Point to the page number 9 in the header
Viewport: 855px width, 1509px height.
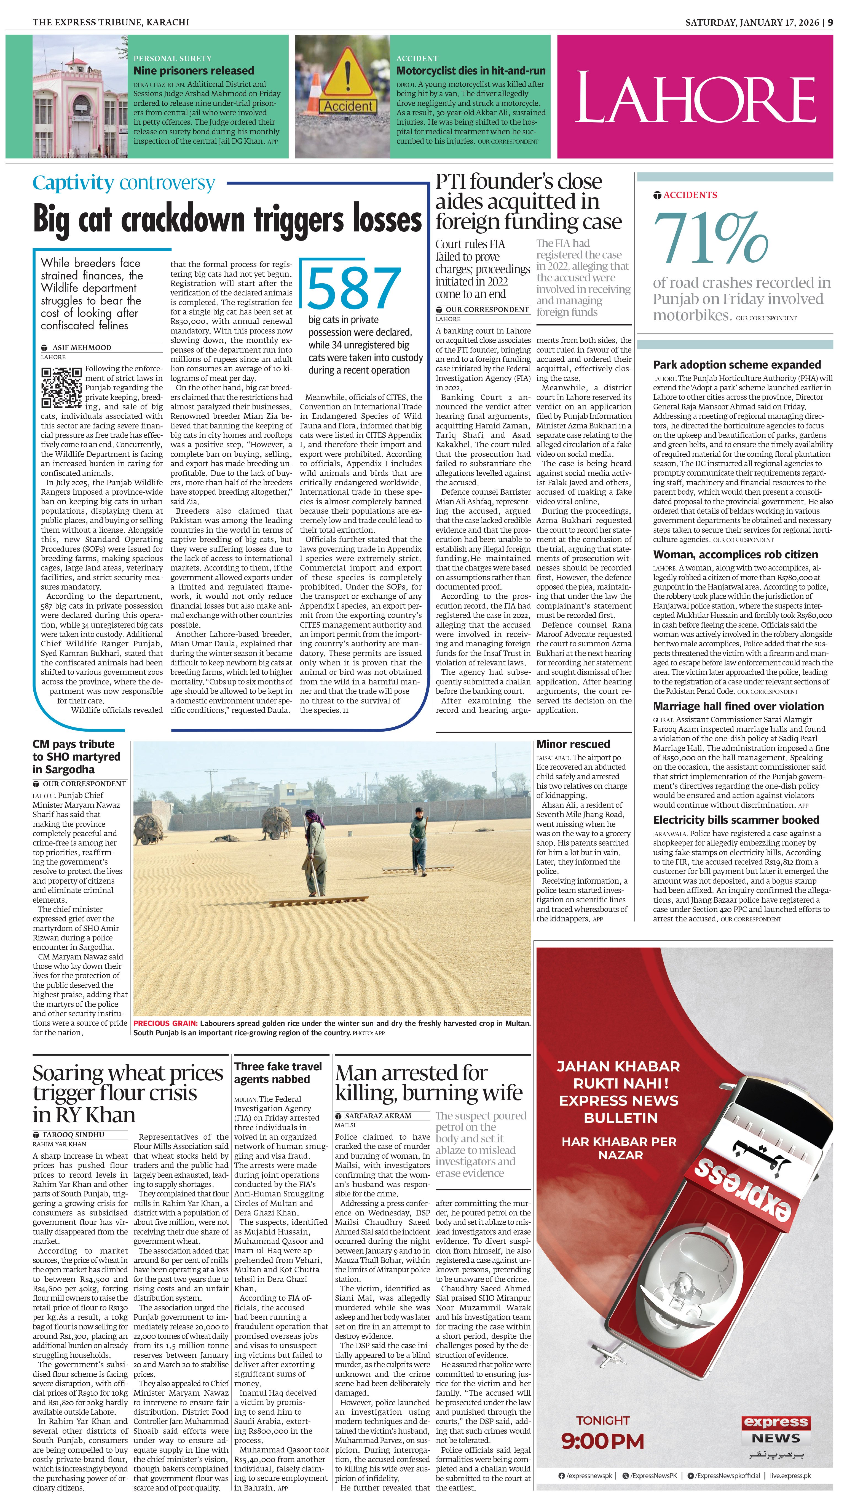830,22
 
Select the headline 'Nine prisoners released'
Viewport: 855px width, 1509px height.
194,71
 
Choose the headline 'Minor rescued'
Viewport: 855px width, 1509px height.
573,744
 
